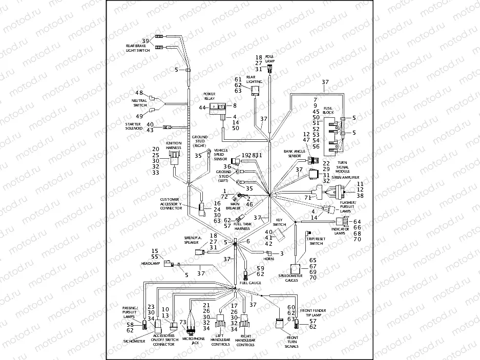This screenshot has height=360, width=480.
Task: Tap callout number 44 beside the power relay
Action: [202, 108]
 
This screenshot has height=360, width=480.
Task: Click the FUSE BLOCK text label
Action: [328, 110]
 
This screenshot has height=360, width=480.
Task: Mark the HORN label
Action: [268, 259]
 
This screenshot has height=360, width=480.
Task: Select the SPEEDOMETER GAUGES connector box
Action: [297, 269]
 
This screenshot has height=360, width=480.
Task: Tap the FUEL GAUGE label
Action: [251, 283]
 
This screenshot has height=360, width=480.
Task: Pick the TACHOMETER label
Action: [133, 340]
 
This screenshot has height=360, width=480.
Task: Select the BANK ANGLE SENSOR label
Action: [295, 154]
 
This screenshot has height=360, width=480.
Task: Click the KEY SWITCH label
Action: [279, 222]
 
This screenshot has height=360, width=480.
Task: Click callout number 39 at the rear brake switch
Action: [145, 40]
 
